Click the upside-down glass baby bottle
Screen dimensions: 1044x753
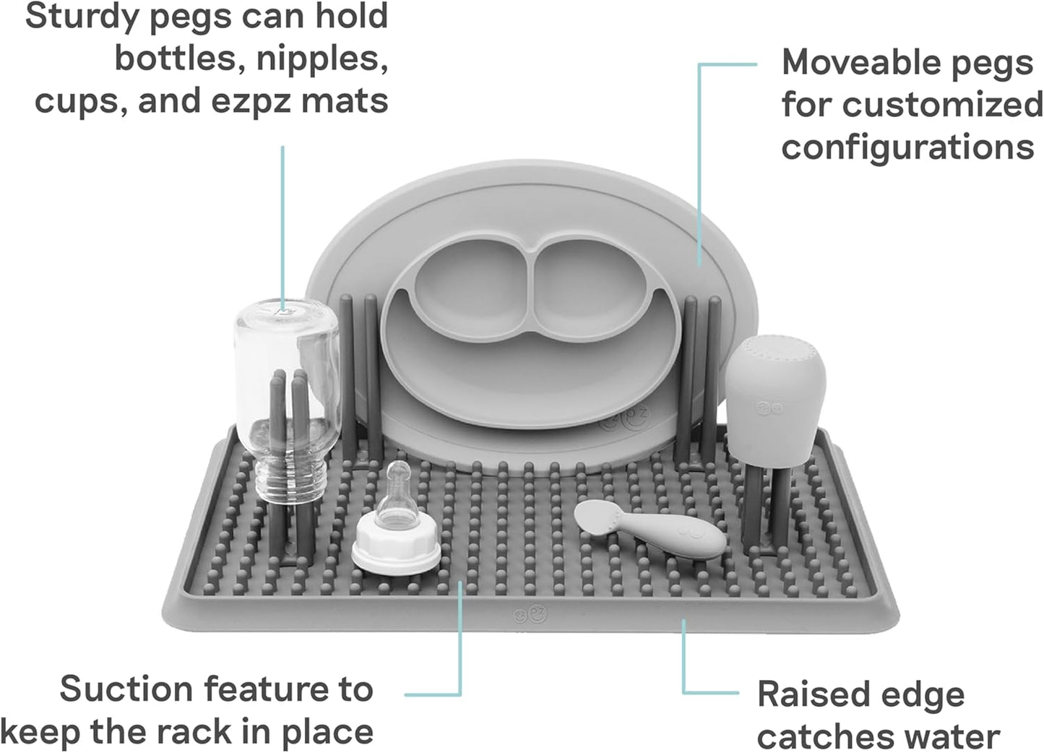pos(287,401)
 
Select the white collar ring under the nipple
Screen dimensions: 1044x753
pos(396,546)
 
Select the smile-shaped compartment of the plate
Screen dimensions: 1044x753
pos(529,369)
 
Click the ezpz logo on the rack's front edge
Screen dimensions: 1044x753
pos(530,614)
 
